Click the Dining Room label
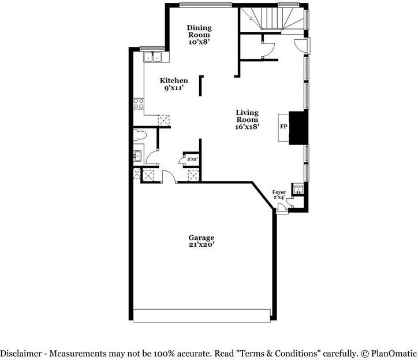pyautogui.click(x=199, y=31)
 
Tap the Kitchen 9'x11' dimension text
pyautogui.click(x=174, y=88)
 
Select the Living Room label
pyautogui.click(x=247, y=116)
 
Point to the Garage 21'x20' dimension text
pyautogui.click(x=201, y=244)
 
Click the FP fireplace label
pyautogui.click(x=283, y=127)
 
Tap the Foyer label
pyautogui.click(x=279, y=192)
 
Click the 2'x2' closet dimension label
pyautogui.click(x=192, y=159)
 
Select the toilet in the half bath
pyautogui.click(x=140, y=135)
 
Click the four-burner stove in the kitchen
pyautogui.click(x=139, y=104)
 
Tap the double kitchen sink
pyautogui.click(x=153, y=57)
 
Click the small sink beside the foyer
pyautogui.click(x=298, y=190)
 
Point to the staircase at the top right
pyautogui.click(x=272, y=18)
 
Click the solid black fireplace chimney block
pyautogui.click(x=298, y=128)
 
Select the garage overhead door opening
pyautogui.click(x=202, y=316)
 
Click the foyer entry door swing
pyautogui.click(x=282, y=207)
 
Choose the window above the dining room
pyautogui.click(x=206, y=5)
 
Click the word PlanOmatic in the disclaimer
pyautogui.click(x=394, y=354)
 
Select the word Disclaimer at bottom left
pyautogui.click(x=21, y=354)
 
